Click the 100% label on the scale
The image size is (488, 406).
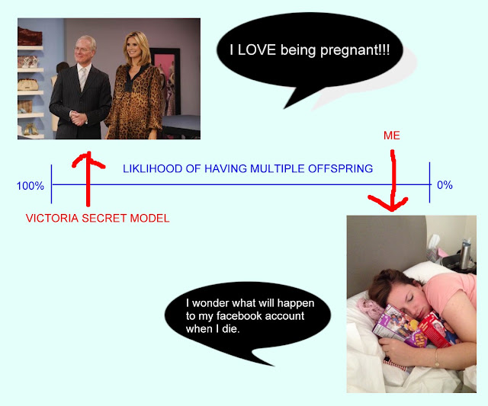point(30,186)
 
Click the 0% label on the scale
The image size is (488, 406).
point(445,185)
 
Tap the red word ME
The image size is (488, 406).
point(391,136)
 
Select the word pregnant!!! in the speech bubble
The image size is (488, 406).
point(355,50)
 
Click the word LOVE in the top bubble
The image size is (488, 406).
point(257,50)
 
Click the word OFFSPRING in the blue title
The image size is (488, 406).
point(341,168)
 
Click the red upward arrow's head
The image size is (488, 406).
point(88,159)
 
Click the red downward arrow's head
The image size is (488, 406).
point(390,204)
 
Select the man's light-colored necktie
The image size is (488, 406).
point(83,78)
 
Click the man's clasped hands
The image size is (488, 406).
point(78,118)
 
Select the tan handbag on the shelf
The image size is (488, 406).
point(28,85)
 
